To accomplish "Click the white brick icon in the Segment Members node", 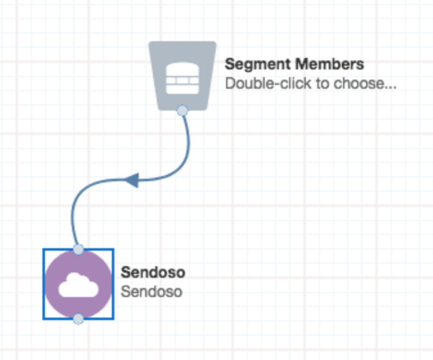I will [182, 76].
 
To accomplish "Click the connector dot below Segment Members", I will [182, 111].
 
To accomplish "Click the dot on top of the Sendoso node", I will [78, 249].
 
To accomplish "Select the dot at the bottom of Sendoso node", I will [78, 319].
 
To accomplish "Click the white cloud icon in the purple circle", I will [78, 285].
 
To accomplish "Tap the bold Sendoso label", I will [153, 273].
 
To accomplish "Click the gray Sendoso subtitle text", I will [152, 291].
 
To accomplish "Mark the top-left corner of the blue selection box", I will [44, 249].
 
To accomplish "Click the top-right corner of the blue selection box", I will [114, 249].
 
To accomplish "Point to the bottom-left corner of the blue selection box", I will [44, 318].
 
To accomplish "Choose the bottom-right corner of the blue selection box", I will [114, 318].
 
